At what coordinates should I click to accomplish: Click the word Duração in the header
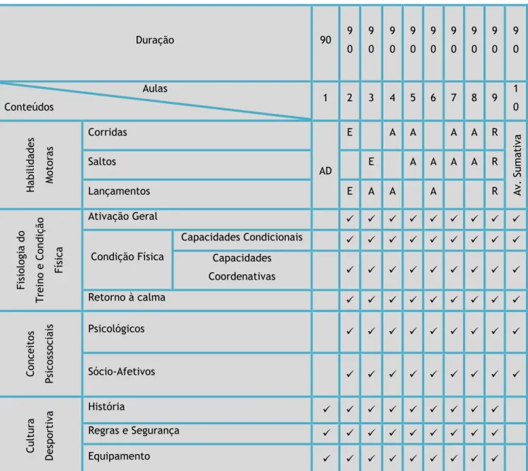pos(155,40)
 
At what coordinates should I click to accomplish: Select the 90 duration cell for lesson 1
pos(326,40)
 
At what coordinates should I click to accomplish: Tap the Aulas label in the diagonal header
pos(155,88)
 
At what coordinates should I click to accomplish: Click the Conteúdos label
pos(29,107)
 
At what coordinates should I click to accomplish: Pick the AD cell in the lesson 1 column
pos(326,171)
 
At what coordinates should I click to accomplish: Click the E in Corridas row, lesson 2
pos(350,132)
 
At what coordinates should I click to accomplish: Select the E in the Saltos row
pos(371,162)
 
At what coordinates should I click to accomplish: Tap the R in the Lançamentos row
pos(494,191)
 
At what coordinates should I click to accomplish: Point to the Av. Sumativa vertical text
pos(517,165)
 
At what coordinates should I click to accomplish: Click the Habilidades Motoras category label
pos(40,165)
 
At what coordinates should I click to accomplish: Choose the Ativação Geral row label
pos(122,216)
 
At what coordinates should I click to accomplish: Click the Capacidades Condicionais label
pos(242,237)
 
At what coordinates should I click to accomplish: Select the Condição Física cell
pos(127,257)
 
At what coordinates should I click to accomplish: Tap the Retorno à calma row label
pos(127,298)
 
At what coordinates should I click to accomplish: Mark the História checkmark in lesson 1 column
pos(326,409)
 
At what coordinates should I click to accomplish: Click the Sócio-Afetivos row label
pos(122,371)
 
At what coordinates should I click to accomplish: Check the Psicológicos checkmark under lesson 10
pos(515,331)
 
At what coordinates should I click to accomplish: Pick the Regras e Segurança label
pos(134,431)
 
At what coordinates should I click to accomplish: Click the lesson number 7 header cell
pos(454,98)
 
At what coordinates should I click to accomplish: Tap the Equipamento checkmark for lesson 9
pos(494,458)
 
